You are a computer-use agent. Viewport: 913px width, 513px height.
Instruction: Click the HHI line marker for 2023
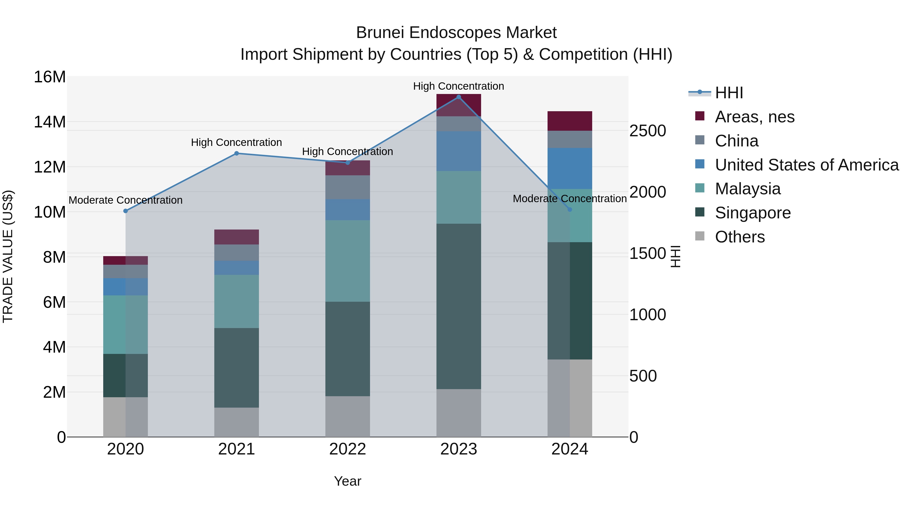459,97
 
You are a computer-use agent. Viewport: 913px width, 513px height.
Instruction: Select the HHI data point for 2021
237,153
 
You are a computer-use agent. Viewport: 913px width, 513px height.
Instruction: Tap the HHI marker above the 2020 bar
126,211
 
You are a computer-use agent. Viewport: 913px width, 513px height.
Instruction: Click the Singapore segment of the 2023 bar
459,306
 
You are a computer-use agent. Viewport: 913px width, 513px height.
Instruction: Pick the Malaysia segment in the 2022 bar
347,261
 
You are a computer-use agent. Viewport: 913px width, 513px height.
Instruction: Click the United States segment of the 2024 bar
570,168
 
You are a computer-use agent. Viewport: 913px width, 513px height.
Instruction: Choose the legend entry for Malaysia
747,189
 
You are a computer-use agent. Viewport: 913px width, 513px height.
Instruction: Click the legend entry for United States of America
806,165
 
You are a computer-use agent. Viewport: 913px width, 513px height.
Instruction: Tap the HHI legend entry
728,93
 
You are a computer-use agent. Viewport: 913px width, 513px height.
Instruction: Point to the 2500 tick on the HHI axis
647,131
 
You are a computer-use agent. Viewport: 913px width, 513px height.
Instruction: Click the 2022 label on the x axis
347,449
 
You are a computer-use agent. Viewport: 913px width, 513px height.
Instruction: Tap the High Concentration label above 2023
458,86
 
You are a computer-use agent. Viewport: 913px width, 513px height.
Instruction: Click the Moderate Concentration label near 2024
570,199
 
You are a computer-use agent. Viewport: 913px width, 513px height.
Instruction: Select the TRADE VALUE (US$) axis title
8,256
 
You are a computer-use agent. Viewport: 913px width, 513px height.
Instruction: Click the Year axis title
347,481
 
